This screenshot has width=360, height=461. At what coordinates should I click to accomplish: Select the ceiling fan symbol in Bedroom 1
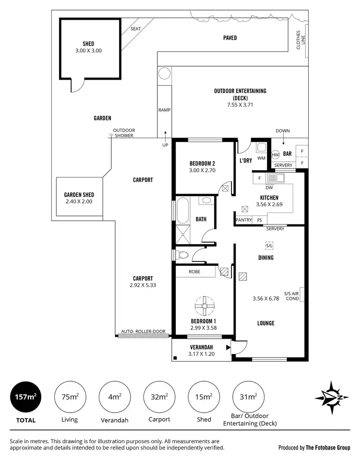pyautogui.click(x=204, y=305)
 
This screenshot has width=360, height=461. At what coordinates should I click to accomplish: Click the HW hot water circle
pyautogui.click(x=276, y=155)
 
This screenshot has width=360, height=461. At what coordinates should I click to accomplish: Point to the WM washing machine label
pyautogui.click(x=262, y=158)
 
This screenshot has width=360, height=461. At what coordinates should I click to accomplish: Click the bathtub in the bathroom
pyautogui.click(x=181, y=212)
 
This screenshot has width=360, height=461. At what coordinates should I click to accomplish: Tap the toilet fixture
pyautogui.click(x=182, y=254)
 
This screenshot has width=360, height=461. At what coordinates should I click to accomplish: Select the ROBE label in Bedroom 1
pyautogui.click(x=195, y=272)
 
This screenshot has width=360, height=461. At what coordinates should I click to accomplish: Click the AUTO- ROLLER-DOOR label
pyautogui.click(x=143, y=331)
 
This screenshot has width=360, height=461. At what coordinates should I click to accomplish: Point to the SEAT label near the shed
pyautogui.click(x=136, y=29)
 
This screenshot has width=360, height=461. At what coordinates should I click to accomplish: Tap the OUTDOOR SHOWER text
pyautogui.click(x=124, y=132)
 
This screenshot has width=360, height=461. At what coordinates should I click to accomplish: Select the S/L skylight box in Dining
pyautogui.click(x=269, y=246)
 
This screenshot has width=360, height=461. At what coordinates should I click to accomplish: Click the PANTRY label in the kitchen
pyautogui.click(x=244, y=220)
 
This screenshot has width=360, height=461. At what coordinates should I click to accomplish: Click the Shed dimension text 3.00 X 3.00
pyautogui.click(x=89, y=50)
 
